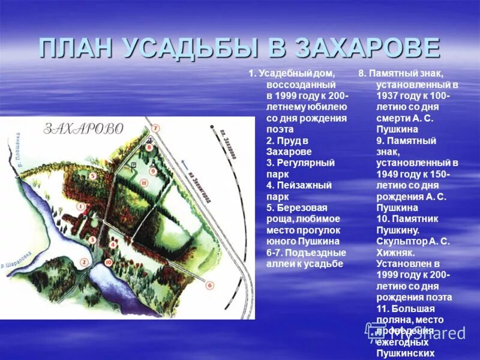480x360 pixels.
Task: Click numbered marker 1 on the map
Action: (80, 205)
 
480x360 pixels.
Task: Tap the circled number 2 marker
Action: (84, 262)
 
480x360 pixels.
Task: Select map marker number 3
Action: (92, 239)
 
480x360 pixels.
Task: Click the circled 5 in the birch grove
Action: (92, 176)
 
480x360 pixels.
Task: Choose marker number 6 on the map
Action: (209, 286)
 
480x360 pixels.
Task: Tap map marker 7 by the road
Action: (155, 128)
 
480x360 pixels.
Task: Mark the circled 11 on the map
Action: (143, 182)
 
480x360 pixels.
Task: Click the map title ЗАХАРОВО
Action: (83, 128)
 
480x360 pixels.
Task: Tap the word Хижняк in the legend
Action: (396, 253)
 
